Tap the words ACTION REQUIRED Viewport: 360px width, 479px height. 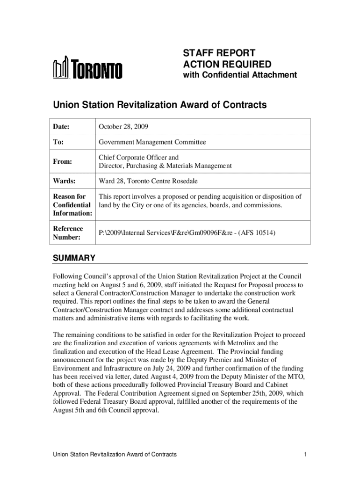227,64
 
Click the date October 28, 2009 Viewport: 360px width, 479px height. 124,126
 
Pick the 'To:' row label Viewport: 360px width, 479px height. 58,142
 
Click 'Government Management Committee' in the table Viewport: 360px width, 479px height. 152,142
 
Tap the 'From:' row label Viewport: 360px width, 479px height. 62,161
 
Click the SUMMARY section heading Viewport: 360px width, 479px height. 74,258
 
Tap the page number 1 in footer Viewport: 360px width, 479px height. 304,454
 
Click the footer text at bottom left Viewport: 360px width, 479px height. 115,454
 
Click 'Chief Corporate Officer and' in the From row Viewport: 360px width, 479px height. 138,158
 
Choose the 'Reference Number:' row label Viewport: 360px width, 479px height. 68,233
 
